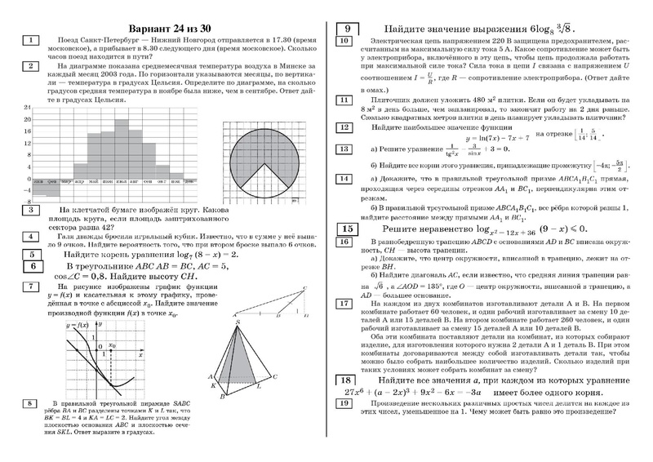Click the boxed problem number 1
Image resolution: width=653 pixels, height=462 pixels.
30,39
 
